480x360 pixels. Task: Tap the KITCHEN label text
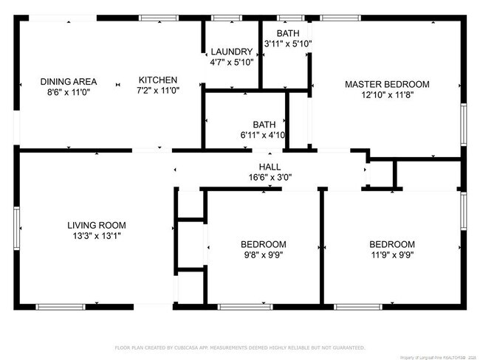tap(157, 80)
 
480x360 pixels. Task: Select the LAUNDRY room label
tap(231, 52)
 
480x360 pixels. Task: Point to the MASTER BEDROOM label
tap(386, 84)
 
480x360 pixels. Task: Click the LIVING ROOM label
tap(96, 225)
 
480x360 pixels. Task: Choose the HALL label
tap(269, 167)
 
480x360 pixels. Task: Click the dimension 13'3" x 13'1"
tap(96, 236)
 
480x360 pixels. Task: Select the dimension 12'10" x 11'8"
tap(386, 95)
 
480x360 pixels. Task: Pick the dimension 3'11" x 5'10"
tap(288, 44)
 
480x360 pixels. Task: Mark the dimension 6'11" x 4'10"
tap(264, 136)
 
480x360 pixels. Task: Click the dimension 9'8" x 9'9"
tap(263, 255)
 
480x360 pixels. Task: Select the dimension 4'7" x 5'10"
tap(231, 63)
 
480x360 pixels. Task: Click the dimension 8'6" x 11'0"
tap(65, 93)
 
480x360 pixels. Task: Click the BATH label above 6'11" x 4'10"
tap(264, 125)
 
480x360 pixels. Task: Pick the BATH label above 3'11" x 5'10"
tap(288, 34)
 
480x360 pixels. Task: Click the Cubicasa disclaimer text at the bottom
tap(239, 347)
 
